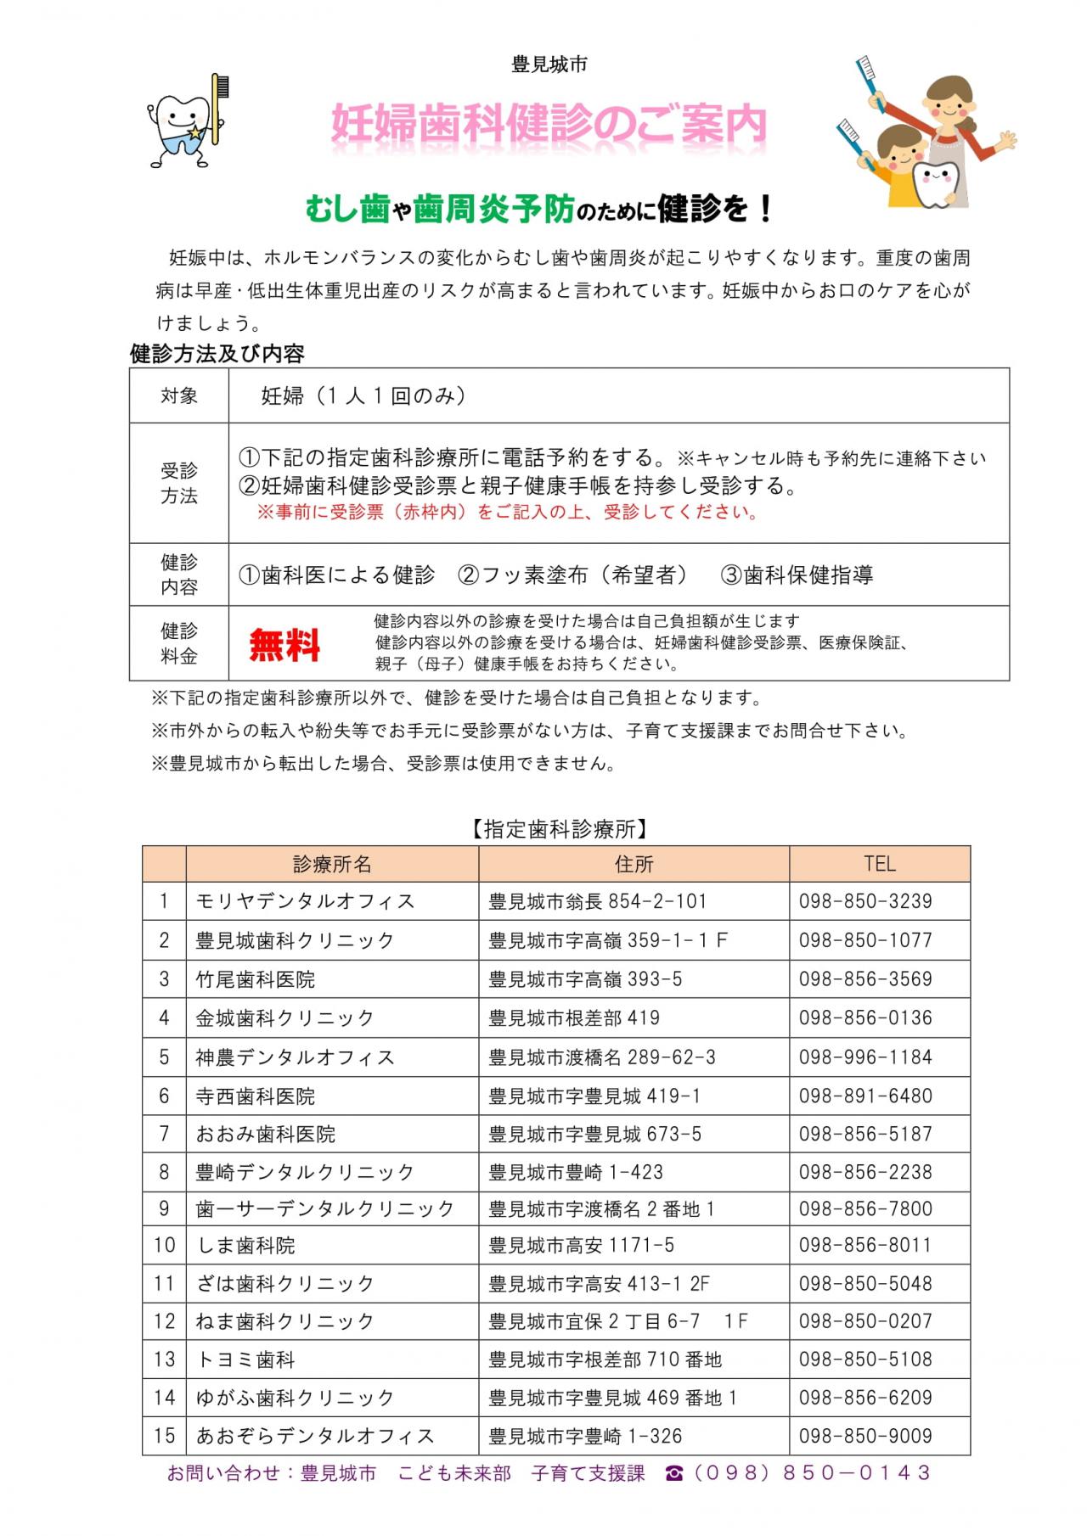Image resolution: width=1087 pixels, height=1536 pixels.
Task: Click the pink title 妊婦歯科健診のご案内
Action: pos(548,126)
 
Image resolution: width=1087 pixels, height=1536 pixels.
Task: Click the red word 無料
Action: pos(284,645)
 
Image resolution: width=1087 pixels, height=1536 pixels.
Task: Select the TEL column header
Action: pos(879,864)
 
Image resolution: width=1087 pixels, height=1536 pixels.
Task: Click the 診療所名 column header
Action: pos(332,864)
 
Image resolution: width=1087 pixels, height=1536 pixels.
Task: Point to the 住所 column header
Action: pos(634,864)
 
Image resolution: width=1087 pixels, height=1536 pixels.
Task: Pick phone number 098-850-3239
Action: pos(865,901)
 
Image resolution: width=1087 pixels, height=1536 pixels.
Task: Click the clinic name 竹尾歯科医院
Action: pos(255,979)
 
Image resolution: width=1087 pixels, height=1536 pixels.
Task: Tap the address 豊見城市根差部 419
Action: pos(573,1017)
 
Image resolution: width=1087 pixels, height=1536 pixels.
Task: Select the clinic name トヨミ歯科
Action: pos(245,1359)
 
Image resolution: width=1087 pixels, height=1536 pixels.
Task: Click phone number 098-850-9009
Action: pos(865,1436)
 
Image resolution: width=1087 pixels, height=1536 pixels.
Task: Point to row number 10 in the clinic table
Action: pos(164,1245)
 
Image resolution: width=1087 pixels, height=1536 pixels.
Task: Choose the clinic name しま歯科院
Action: pos(245,1245)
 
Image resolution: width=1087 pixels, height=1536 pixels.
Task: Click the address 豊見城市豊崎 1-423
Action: pos(575,1172)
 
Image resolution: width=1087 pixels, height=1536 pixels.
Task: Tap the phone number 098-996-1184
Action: pos(865,1057)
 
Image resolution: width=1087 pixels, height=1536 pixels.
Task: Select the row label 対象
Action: pos(179,395)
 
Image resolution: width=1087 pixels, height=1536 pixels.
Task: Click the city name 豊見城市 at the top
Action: pos(549,64)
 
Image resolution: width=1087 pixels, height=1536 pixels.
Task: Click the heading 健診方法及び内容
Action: pos(217,354)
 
